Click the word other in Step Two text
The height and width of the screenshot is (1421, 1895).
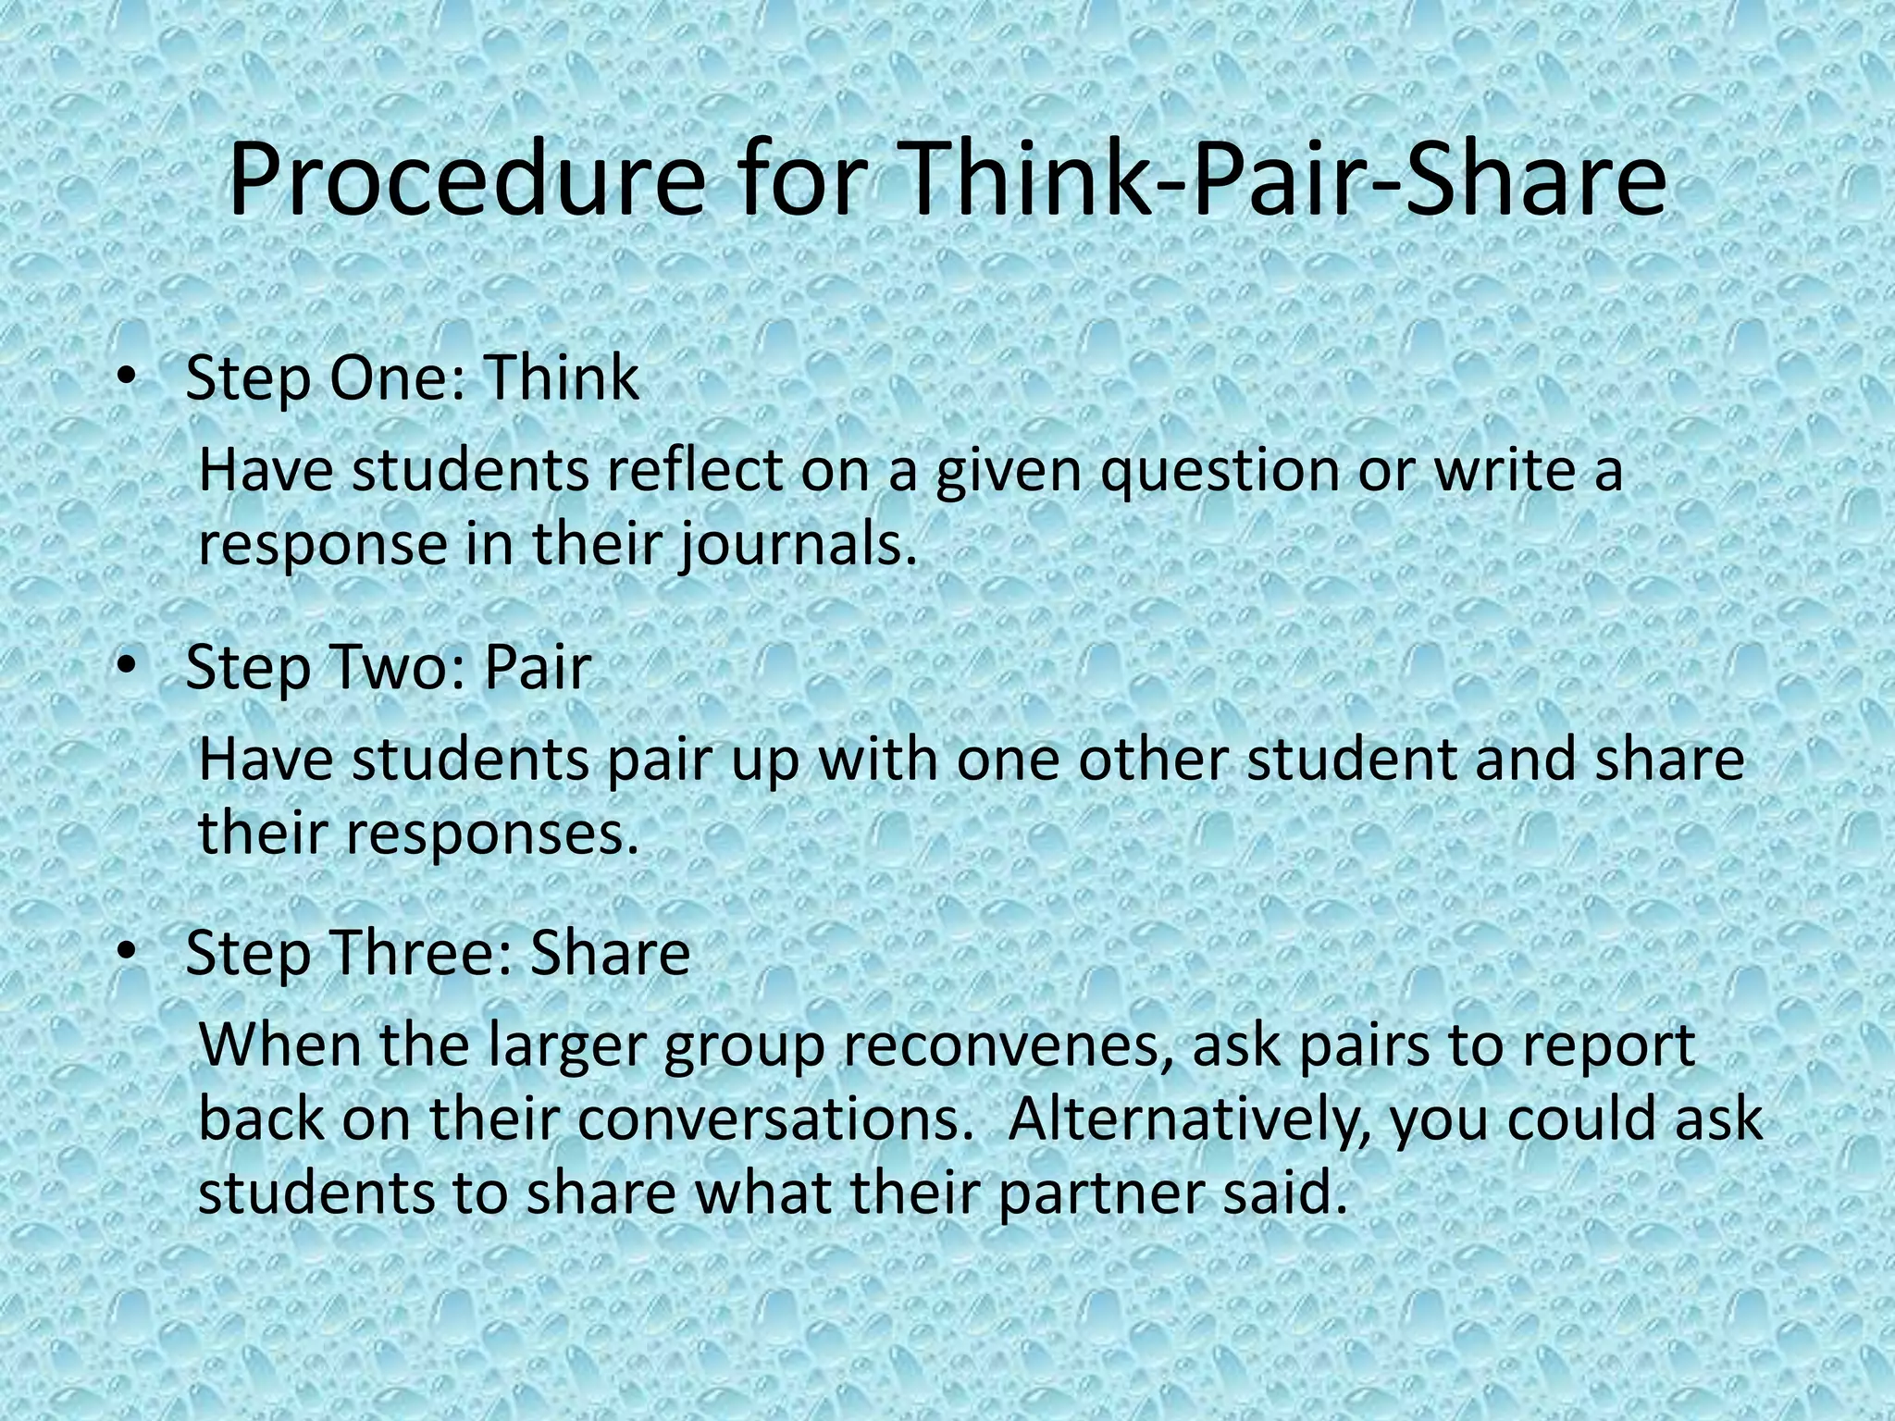(x=1148, y=759)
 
